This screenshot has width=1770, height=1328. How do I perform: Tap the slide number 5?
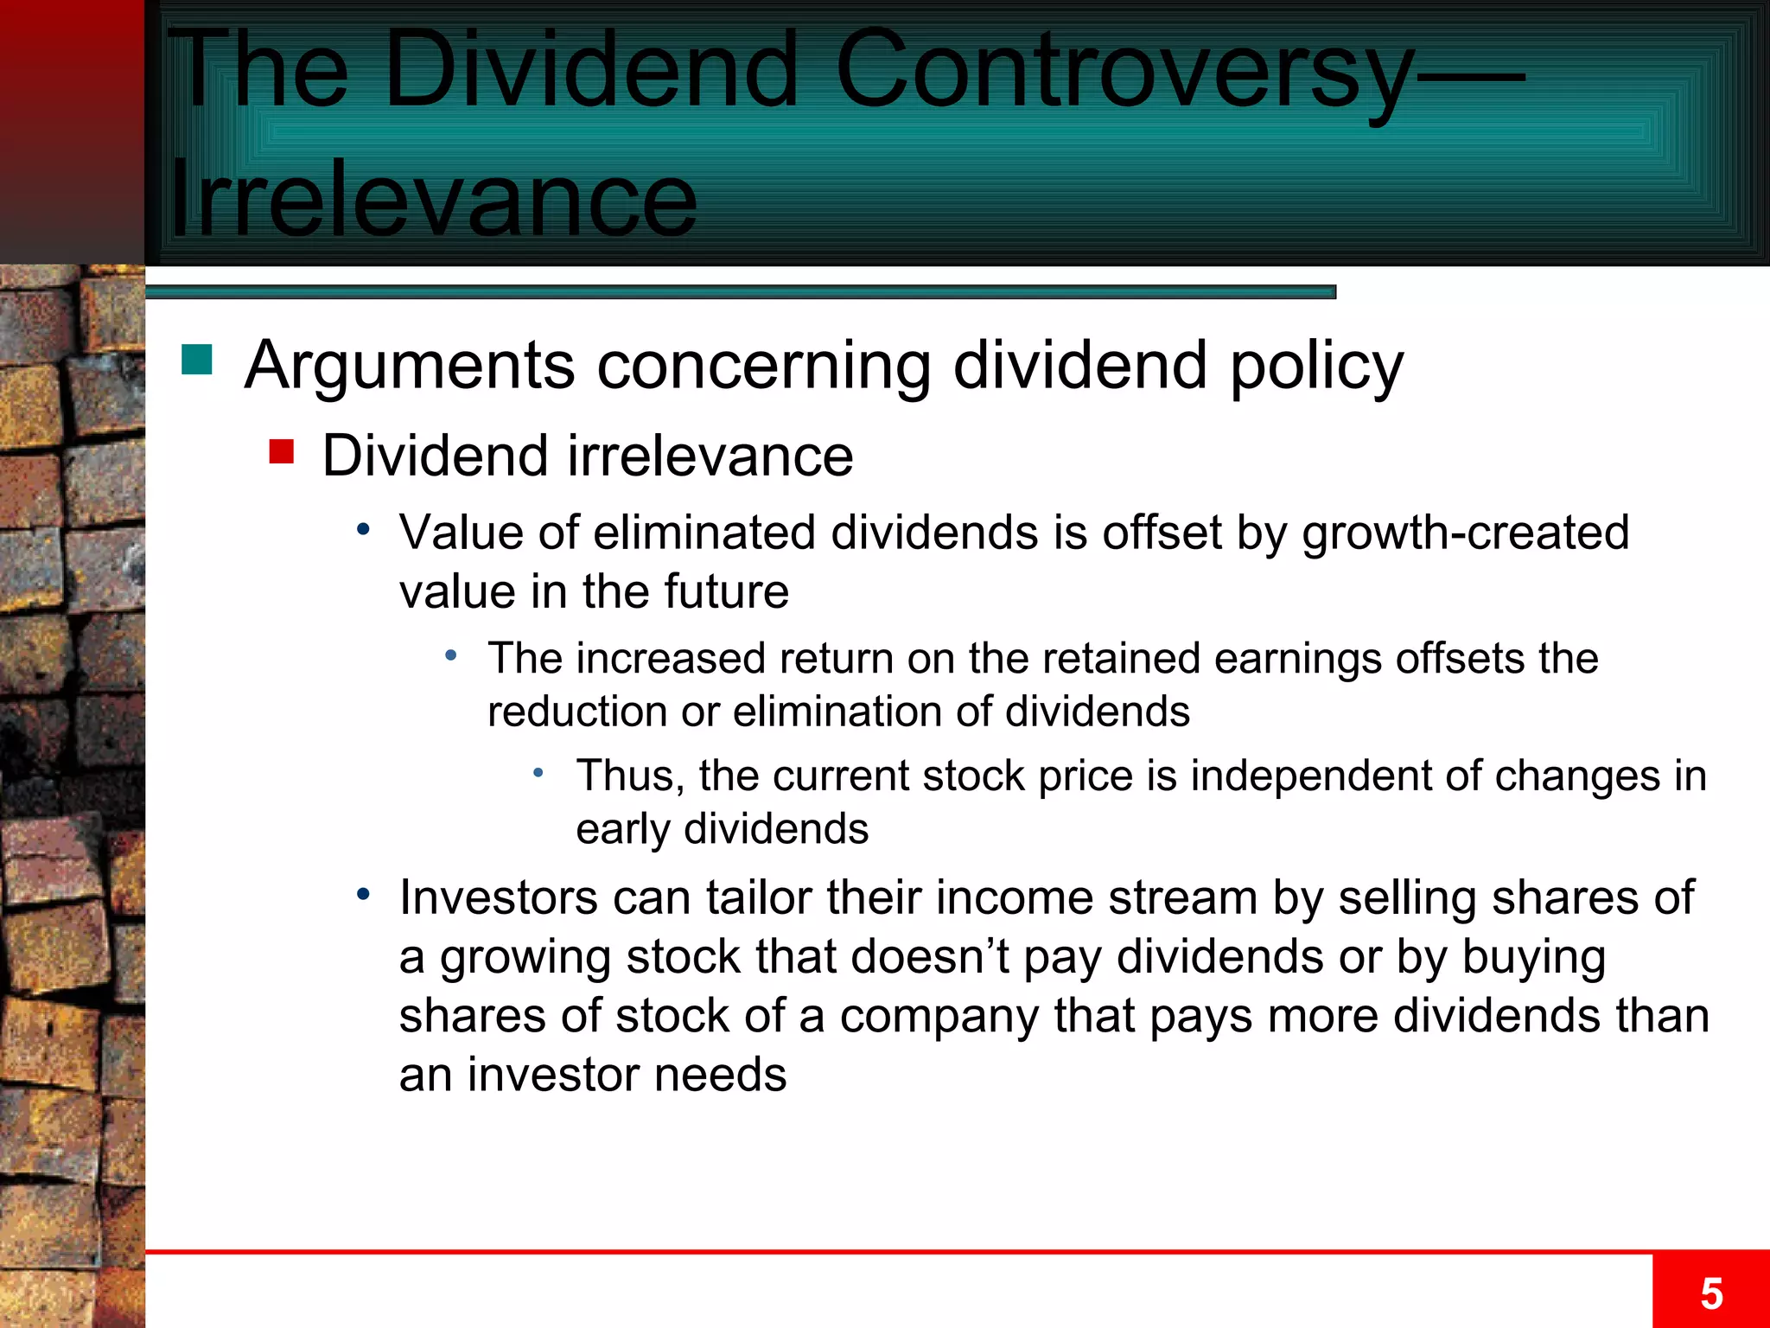click(1711, 1294)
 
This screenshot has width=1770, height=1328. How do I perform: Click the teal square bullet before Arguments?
click(197, 360)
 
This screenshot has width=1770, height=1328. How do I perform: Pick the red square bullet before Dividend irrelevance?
click(282, 451)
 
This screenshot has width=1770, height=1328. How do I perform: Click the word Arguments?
click(410, 367)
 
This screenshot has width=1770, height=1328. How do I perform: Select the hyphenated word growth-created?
click(1465, 533)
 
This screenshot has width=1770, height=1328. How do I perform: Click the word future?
click(726, 592)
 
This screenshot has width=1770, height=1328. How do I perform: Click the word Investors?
click(498, 897)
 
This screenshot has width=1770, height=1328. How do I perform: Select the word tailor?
click(758, 897)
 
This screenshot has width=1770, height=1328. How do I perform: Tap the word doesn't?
click(932, 957)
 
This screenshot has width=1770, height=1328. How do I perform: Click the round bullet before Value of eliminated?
click(364, 529)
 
